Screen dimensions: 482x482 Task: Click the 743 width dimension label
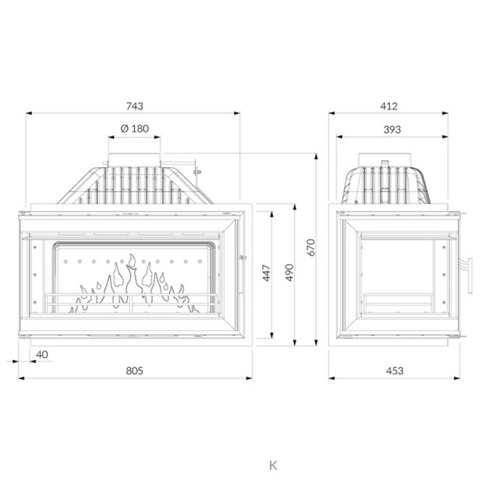click(x=135, y=106)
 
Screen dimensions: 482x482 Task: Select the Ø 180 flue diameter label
click(x=135, y=129)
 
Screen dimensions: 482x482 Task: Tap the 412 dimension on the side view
click(x=389, y=106)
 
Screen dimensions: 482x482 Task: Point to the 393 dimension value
click(x=392, y=129)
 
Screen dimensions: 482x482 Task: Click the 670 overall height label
click(x=311, y=247)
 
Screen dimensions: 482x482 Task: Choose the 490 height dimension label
click(x=289, y=272)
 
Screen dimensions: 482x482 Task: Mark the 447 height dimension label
click(x=267, y=272)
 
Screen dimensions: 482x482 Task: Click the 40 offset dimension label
click(x=42, y=354)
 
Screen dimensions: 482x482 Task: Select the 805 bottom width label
click(x=135, y=370)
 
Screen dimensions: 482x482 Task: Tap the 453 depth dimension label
click(x=394, y=370)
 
